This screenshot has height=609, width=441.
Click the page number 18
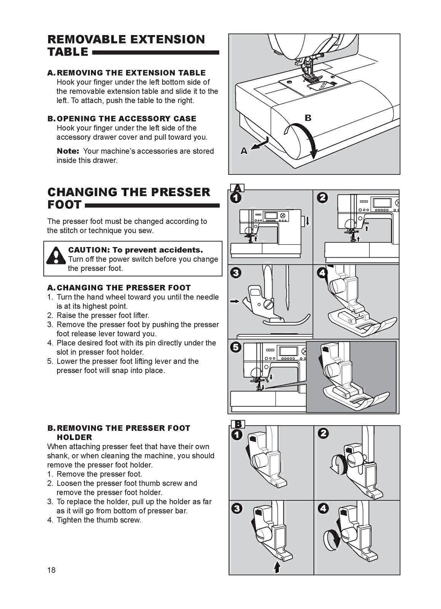click(51, 570)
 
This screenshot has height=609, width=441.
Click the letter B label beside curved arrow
click(308, 118)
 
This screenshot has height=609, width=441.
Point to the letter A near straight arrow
click(244, 151)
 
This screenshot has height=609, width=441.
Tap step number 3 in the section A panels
click(236, 273)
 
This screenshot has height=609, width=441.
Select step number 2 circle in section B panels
click(323, 433)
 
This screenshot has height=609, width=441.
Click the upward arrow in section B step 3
click(277, 568)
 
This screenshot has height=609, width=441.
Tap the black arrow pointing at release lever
click(234, 301)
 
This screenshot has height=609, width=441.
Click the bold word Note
click(68, 151)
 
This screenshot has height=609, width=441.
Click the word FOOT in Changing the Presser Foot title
click(64, 204)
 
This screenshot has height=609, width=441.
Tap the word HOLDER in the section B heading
click(74, 437)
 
